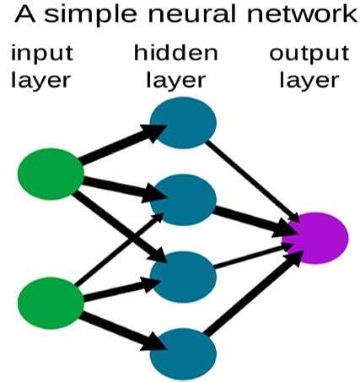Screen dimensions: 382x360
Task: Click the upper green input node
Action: click(x=51, y=173)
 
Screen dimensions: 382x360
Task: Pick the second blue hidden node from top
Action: click(x=183, y=200)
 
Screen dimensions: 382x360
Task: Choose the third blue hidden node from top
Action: click(x=183, y=274)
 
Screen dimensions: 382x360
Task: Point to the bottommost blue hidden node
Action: click(x=183, y=352)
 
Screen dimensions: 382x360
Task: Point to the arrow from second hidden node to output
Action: click(x=249, y=218)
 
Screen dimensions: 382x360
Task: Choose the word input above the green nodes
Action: click(x=41, y=54)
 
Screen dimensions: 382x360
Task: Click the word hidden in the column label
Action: click(x=176, y=52)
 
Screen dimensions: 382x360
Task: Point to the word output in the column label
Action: click(x=309, y=54)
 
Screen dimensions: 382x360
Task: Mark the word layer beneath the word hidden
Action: click(x=176, y=81)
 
